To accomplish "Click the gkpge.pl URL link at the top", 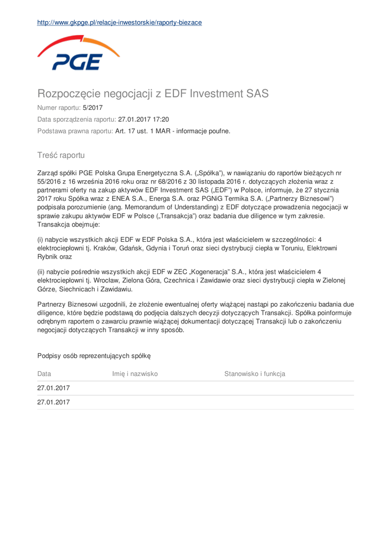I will pos(120,23).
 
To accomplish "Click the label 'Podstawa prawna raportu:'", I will pos(75,131).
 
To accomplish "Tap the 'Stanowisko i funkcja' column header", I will pos(254,373).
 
